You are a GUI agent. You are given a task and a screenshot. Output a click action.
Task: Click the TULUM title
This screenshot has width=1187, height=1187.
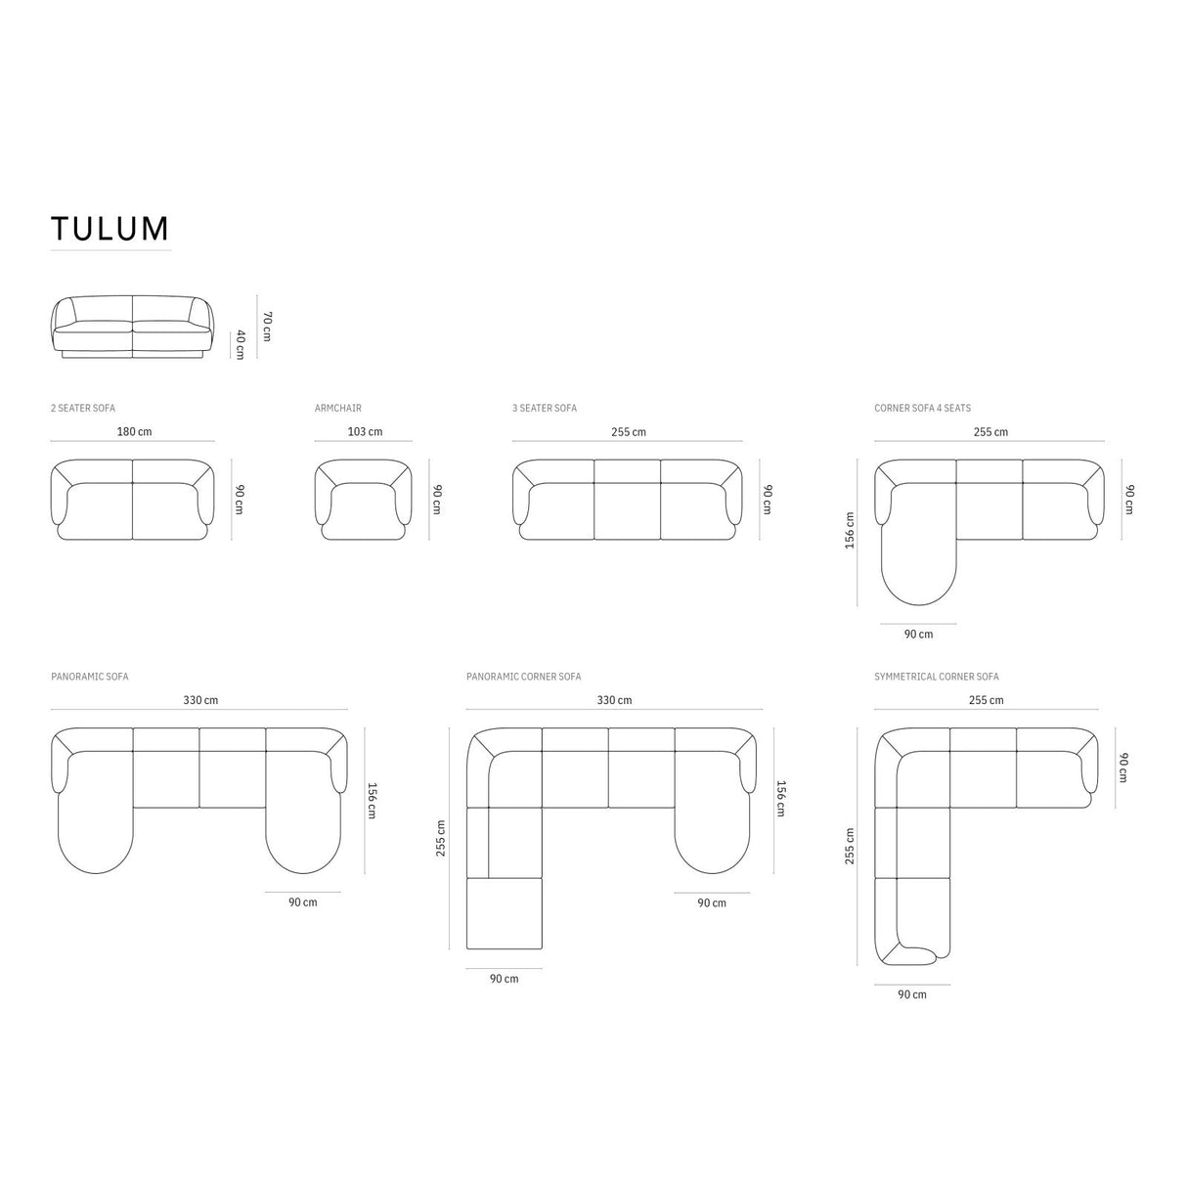point(110,228)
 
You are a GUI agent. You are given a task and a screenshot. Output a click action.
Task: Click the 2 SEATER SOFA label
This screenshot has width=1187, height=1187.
point(82,408)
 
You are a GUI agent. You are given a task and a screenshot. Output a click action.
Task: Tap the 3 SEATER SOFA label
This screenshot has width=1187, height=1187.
point(544,408)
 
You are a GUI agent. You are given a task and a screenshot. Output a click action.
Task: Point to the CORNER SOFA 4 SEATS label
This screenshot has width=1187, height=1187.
point(922,408)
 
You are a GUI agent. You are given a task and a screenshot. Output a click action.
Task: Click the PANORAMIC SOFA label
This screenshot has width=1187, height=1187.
point(89,677)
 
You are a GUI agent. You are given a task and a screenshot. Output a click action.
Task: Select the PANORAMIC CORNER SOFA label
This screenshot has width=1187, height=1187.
point(523,677)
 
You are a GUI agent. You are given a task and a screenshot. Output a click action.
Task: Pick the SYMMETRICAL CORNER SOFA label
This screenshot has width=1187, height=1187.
point(936,677)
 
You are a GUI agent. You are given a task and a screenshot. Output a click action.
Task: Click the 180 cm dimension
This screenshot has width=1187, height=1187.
point(135,431)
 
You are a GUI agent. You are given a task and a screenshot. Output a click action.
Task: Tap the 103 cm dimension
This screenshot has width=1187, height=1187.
point(365,431)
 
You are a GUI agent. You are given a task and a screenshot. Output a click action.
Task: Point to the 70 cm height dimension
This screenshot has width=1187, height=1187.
point(267,327)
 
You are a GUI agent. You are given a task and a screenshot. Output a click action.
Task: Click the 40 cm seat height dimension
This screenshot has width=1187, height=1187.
point(240,344)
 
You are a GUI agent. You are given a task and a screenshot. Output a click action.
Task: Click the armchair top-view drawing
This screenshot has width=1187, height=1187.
point(364,499)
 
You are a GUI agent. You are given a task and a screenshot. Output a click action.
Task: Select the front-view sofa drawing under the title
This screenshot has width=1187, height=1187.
point(131,327)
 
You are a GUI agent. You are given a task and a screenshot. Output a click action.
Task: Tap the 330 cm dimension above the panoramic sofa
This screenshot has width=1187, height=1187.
point(200,700)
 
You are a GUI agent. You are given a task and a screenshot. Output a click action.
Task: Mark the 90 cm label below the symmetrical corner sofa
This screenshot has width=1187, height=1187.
point(911,994)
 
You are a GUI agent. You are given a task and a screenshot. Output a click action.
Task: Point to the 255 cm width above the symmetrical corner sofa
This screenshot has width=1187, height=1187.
point(986,700)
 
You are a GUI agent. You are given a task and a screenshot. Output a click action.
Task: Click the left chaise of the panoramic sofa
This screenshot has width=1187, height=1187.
point(95,831)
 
